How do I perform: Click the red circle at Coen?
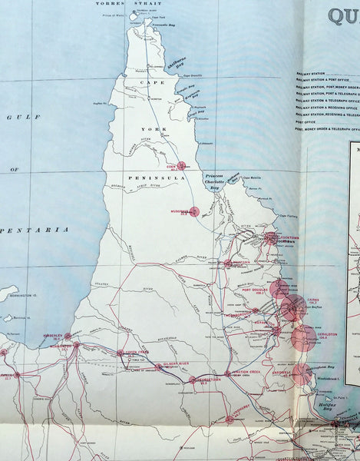pyautogui.click(x=182, y=165)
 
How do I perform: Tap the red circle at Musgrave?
pyautogui.click(x=193, y=211)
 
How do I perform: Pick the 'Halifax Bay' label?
pyautogui.click(x=329, y=405)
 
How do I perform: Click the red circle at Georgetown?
pyautogui.click(x=193, y=380)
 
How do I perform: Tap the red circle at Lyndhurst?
pyautogui.click(x=230, y=419)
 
